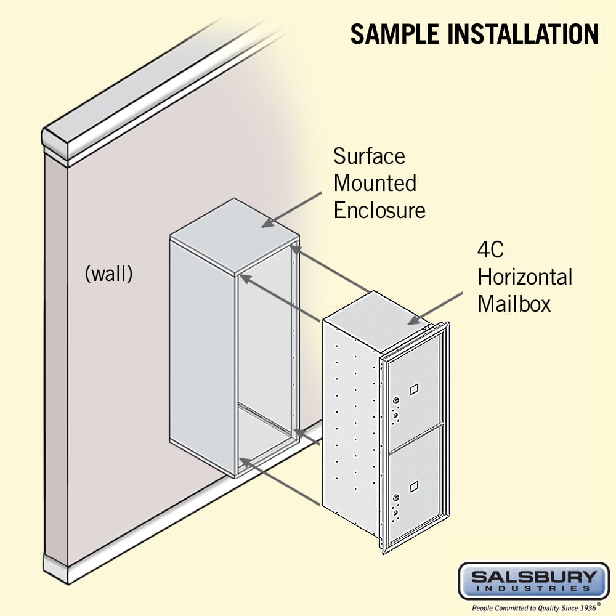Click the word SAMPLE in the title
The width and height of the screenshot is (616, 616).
tap(395, 34)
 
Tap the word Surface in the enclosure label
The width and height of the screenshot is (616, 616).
tap(369, 156)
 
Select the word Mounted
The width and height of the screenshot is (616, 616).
tap(375, 184)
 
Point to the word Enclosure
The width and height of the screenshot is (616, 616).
tap(379, 211)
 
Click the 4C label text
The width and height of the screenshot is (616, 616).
tap(491, 249)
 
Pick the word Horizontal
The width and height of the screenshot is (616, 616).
tap(525, 277)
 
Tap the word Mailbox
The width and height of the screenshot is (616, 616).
tap(514, 304)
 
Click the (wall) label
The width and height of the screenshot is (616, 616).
tap(109, 274)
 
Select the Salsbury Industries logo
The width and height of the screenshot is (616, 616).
tap(534, 581)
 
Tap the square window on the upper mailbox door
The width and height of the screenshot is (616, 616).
tap(414, 389)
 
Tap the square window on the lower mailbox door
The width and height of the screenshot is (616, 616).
tap(414, 487)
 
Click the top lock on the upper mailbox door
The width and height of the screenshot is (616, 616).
tap(396, 400)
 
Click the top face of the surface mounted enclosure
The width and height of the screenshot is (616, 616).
tap(235, 236)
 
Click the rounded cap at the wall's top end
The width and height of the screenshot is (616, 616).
tap(55, 143)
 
